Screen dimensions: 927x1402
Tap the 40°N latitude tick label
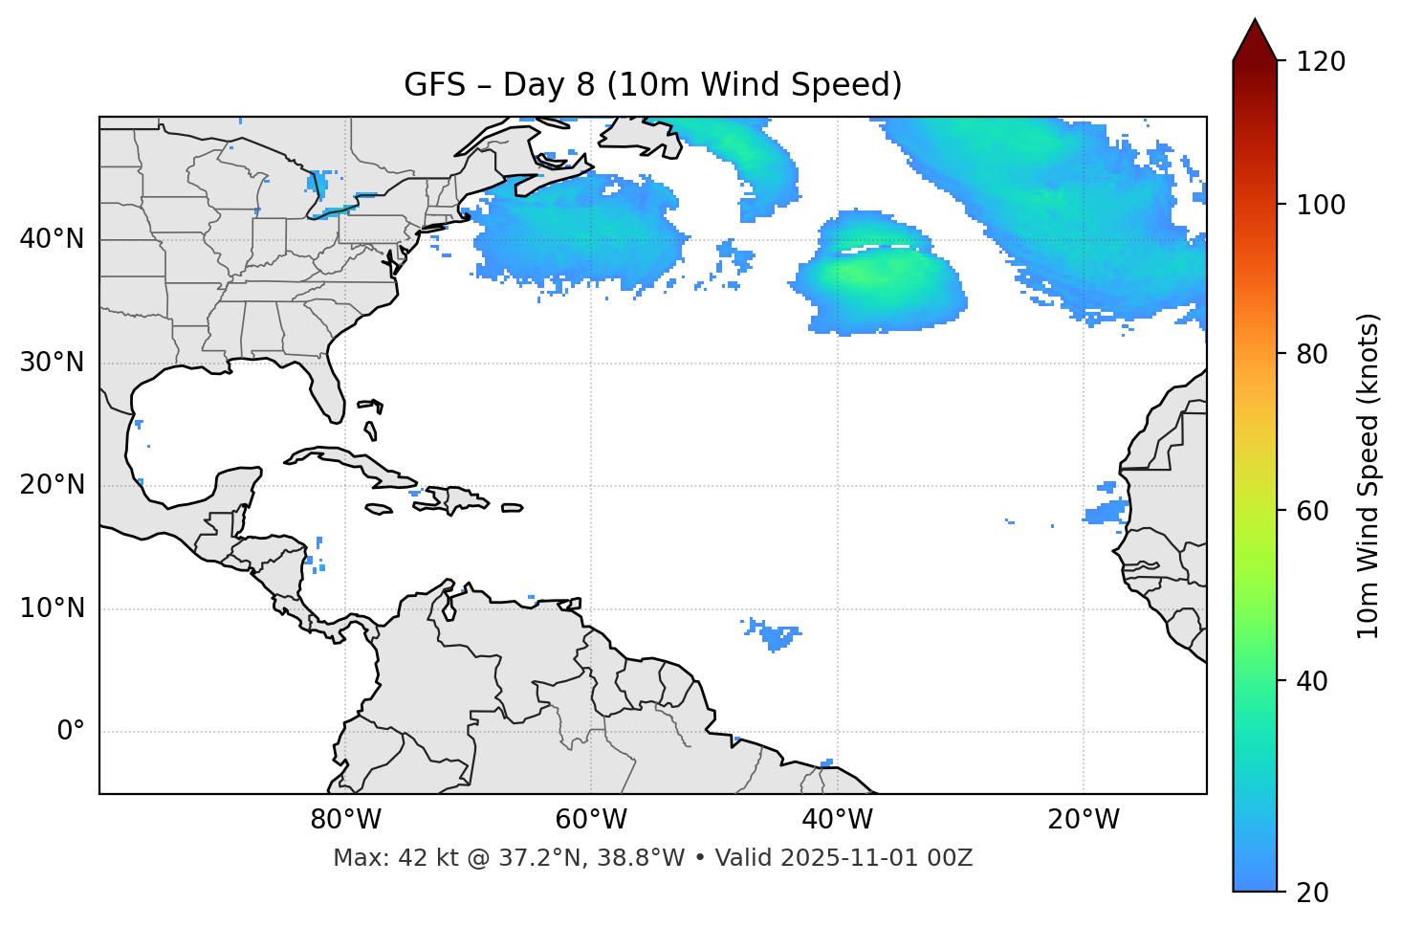pos(52,239)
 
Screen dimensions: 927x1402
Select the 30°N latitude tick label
pos(52,363)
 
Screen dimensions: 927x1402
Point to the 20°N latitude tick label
pos(52,485)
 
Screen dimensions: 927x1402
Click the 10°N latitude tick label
pos(52,608)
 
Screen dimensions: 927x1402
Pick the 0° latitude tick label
pos(71,732)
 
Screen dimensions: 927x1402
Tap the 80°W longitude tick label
pos(345,820)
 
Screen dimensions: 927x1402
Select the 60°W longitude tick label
pos(591,820)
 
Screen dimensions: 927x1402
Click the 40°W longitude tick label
pos(837,820)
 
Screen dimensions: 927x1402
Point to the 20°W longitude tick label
pos(1084,820)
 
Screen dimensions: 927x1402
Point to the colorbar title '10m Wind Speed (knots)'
pos(1369,475)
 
